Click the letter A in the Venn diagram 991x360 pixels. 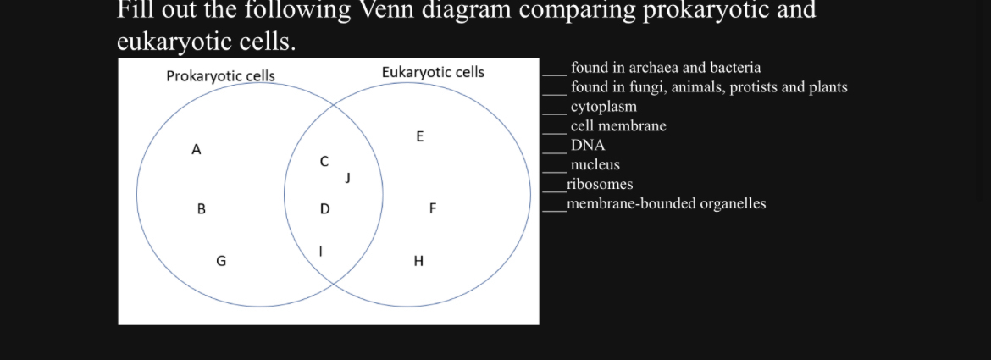tap(197, 150)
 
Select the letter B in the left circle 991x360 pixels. tap(201, 208)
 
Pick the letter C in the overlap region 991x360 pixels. tap(324, 161)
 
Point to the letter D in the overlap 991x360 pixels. tap(324, 208)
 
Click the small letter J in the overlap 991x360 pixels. tap(347, 178)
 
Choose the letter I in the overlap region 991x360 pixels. tap(320, 251)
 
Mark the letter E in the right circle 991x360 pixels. tap(420, 136)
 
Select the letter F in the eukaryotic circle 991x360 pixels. tap(432, 208)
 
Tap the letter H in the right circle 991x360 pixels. tap(418, 262)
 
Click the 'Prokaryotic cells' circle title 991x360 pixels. tap(220, 76)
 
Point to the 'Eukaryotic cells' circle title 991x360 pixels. tap(433, 72)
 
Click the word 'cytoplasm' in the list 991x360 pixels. tap(604, 107)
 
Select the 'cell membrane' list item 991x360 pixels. tap(618, 126)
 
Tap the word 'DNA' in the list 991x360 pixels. tap(588, 146)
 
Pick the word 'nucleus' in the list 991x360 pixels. tap(595, 165)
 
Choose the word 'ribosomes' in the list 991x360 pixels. tap(600, 185)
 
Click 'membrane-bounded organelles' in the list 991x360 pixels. tap(667, 204)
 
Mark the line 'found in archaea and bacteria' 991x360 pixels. tap(666, 68)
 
